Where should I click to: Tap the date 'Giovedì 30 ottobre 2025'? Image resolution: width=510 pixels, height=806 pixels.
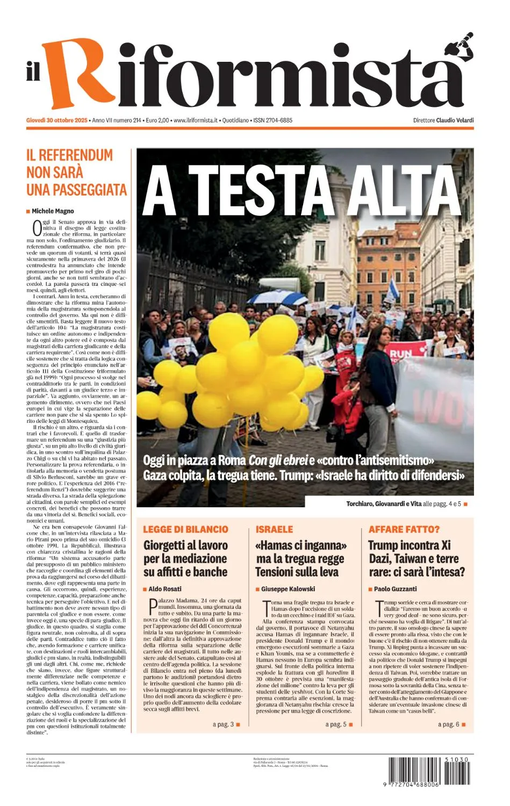(57, 120)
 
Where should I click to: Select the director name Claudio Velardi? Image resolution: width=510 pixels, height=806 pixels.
(455, 120)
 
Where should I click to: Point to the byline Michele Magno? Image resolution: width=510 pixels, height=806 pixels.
(53, 211)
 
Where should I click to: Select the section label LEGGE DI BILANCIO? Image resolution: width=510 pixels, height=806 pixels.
(185, 529)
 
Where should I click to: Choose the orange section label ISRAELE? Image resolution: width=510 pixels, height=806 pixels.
(275, 529)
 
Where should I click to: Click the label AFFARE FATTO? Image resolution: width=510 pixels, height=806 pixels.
(404, 529)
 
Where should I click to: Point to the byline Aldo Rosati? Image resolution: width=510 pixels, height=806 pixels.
(165, 589)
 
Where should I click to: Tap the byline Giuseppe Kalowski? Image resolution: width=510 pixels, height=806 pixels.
(288, 589)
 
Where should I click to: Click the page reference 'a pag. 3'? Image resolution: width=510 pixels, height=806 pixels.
(223, 724)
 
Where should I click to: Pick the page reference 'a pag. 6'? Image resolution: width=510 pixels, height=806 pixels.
(449, 724)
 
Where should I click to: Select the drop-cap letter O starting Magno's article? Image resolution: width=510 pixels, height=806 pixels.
(37, 228)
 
